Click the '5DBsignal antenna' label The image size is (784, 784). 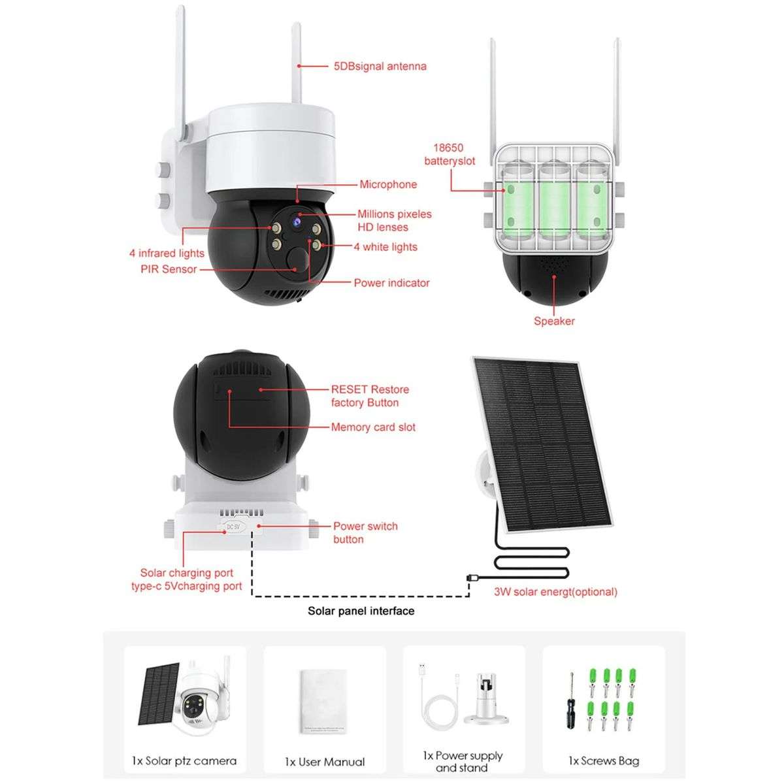380,66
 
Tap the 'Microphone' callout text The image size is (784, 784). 387,184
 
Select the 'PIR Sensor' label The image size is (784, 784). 169,269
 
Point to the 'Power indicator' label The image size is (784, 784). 391,283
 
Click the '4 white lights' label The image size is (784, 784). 385,247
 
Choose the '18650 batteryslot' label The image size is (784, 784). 449,154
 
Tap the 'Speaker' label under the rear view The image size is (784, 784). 554,321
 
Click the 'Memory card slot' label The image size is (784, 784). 373,427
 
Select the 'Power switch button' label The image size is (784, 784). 365,532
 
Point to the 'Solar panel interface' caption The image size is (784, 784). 361,611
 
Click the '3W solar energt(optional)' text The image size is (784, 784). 555,592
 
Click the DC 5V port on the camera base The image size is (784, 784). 233,526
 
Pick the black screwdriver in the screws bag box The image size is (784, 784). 571,702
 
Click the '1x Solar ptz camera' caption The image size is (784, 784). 184,761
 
